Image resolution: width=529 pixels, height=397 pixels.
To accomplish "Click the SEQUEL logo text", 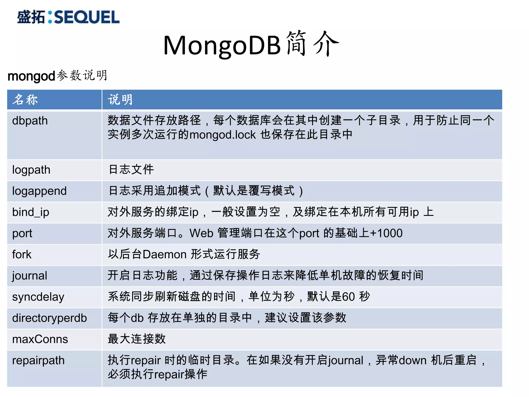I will (x=87, y=17).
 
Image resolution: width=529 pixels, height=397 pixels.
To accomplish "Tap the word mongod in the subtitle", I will (x=31, y=76).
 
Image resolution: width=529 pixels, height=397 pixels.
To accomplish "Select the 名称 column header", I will (x=25, y=100).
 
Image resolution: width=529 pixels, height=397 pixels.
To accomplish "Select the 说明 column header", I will (x=120, y=100).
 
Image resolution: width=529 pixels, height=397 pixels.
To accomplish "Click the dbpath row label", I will (x=30, y=121).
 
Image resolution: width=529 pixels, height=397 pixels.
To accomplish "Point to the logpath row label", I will (x=31, y=170).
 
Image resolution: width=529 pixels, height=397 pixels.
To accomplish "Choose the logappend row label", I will (x=39, y=191).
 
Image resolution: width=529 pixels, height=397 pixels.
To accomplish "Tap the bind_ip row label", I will (x=30, y=212).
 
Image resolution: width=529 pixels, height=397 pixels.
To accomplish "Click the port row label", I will (x=22, y=234).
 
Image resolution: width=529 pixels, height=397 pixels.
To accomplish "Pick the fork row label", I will (x=22, y=255).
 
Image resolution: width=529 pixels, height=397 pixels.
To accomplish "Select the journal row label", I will (x=29, y=276).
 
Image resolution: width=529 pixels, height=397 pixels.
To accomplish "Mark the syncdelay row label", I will (x=38, y=297).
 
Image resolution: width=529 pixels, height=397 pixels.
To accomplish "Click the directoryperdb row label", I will (x=49, y=318).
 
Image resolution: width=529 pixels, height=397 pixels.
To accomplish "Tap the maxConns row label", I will (x=40, y=339).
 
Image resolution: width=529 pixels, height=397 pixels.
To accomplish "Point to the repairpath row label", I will (x=38, y=361).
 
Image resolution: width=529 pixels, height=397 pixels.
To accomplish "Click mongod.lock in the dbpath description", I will (x=222, y=135).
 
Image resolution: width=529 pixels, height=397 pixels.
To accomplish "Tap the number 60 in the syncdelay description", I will (x=348, y=297).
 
